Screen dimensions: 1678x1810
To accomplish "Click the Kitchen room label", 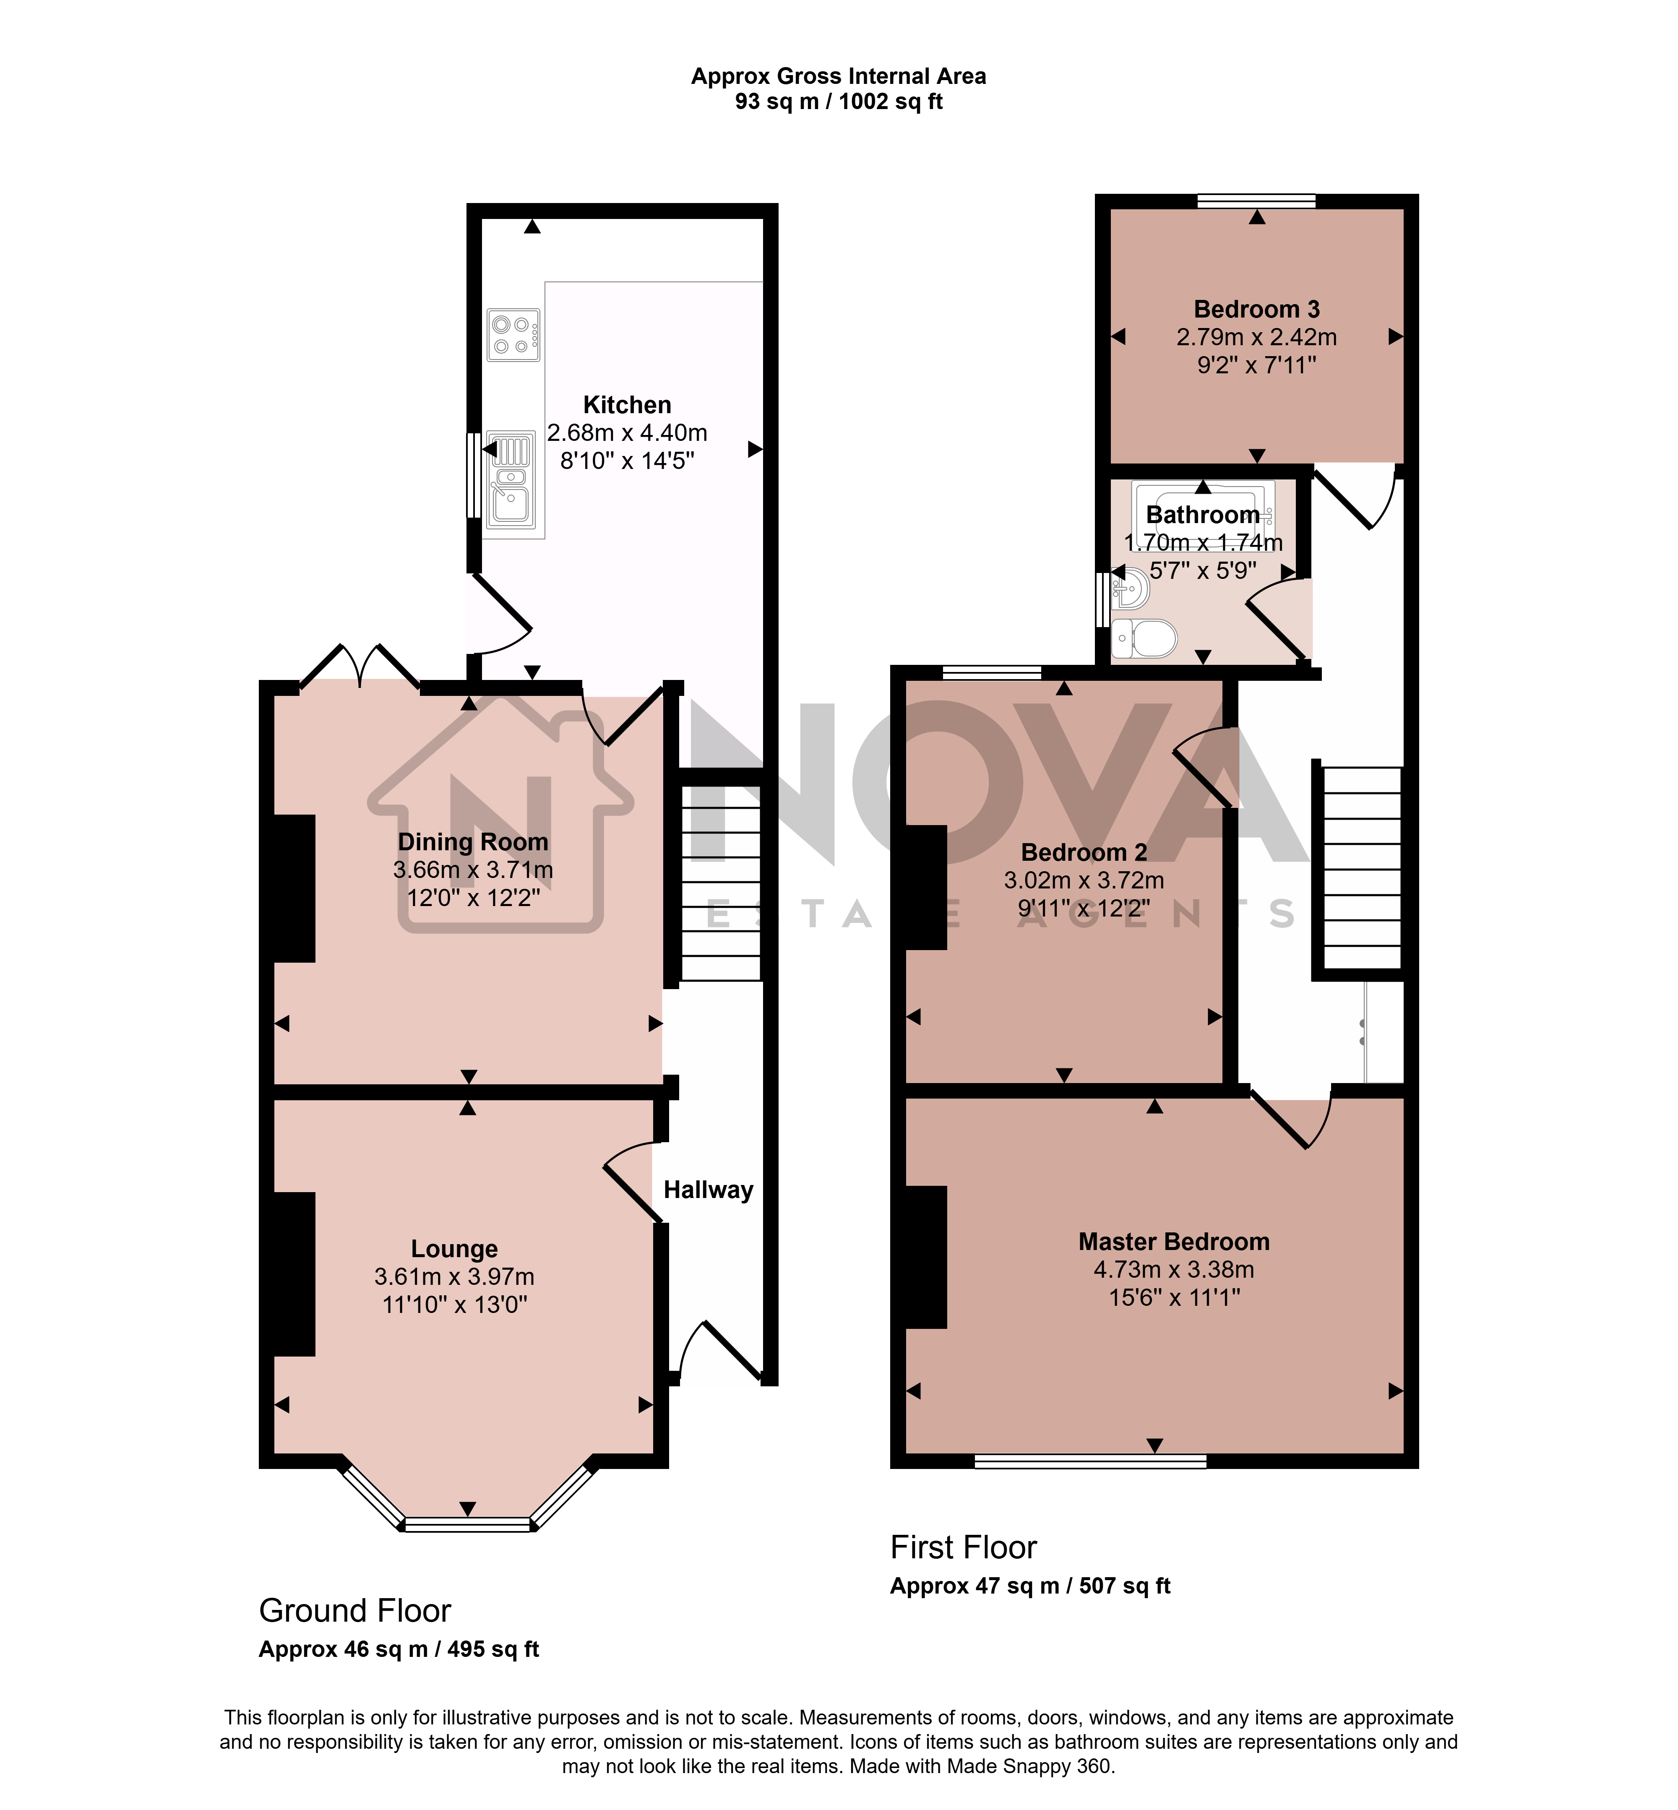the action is (x=627, y=405).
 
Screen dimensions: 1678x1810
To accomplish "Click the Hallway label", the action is (x=708, y=1190).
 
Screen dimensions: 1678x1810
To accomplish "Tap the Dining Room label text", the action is (x=473, y=842).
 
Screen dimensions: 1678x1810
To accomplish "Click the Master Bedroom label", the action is (x=1174, y=1242).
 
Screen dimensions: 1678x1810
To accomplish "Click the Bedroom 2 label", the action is (x=1084, y=852).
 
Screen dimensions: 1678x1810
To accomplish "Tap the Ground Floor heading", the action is (x=355, y=1611).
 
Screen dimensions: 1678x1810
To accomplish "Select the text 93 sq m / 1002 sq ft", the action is (x=839, y=102).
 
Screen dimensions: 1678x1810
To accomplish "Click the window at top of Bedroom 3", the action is (x=1257, y=201).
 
